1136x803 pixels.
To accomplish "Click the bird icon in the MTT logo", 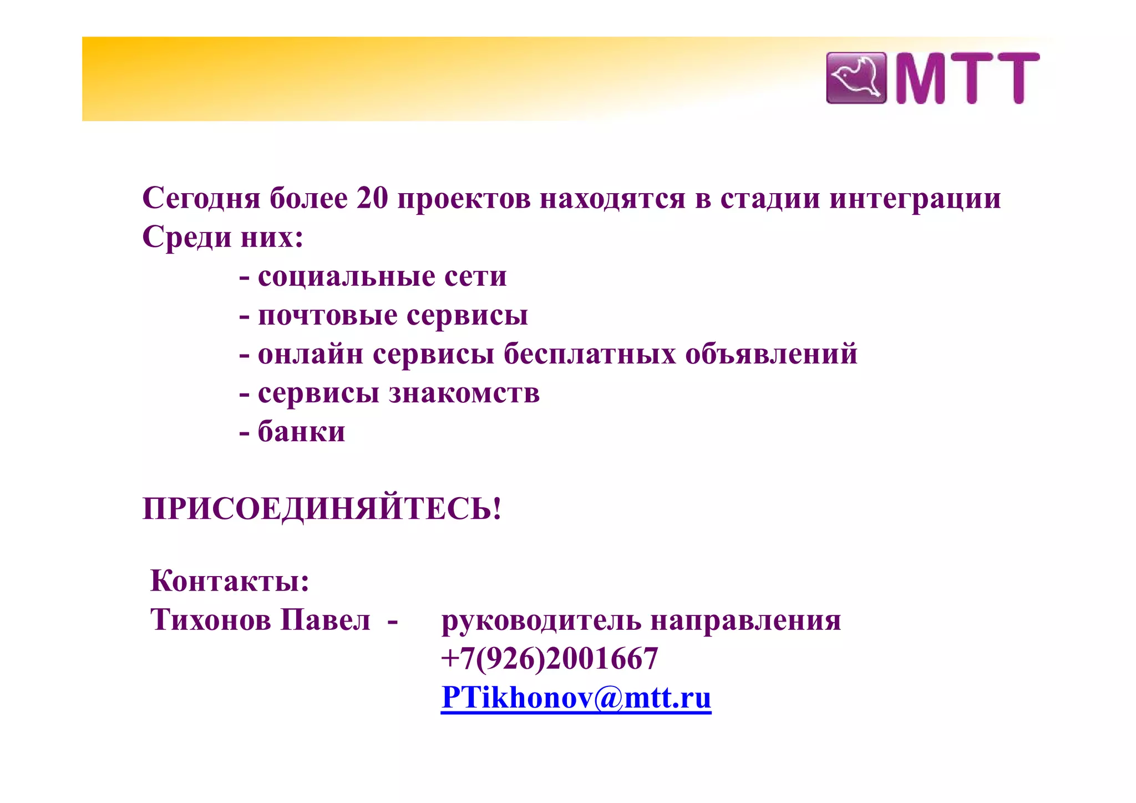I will click(x=856, y=78).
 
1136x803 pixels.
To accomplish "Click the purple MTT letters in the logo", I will click(x=967, y=78).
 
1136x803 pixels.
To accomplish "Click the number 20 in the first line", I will click(x=372, y=198).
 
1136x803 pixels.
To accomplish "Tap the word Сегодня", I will click(x=201, y=198).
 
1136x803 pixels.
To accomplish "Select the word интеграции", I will click(x=915, y=198).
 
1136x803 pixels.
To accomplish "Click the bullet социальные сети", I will click(x=382, y=276).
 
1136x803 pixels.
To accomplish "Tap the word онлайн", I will click(x=311, y=353).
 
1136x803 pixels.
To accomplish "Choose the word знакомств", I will click(x=464, y=393).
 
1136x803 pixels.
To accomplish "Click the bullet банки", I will click(x=301, y=431).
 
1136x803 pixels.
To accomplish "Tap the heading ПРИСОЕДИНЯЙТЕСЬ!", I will click(x=322, y=508).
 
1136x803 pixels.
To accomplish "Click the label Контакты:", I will click(x=230, y=580).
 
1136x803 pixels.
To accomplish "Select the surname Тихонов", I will click(x=210, y=619).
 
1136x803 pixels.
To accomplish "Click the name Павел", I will click(x=325, y=619).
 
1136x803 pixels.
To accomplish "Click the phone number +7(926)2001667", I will click(x=549, y=659).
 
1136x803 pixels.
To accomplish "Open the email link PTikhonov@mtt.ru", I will click(x=576, y=698).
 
